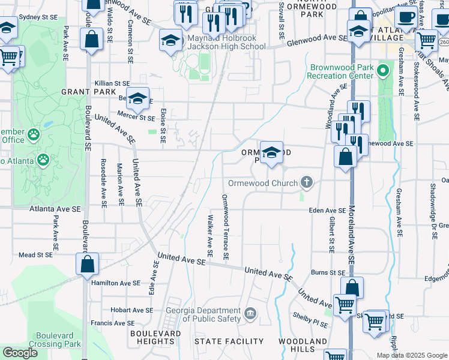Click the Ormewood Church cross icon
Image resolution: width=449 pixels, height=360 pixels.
point(307,182)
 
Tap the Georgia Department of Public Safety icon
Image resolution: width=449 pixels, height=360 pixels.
point(250,313)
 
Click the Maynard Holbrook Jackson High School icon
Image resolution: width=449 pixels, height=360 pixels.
point(170,41)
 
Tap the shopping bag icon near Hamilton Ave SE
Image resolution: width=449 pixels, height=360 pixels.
point(87,264)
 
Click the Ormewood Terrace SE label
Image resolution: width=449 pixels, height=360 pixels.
point(225,227)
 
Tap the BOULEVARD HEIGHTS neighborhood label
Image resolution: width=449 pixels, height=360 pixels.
point(155,337)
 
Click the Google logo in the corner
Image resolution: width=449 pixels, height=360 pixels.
point(20,353)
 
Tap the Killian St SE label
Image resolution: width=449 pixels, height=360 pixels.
point(112,83)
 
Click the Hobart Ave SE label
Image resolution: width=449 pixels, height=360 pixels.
point(131,310)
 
